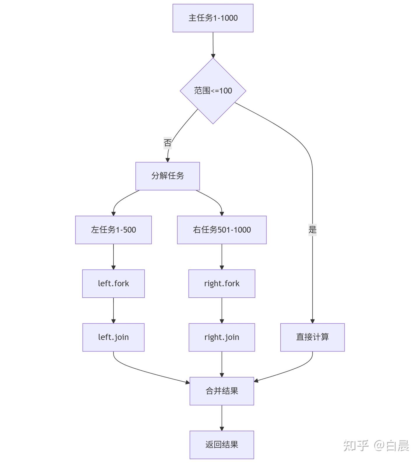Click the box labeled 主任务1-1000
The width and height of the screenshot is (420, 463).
[x=213, y=18]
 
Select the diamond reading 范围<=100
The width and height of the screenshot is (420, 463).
[x=213, y=91]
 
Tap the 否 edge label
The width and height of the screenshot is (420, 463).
[x=167, y=143]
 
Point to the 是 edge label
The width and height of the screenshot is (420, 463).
[x=312, y=230]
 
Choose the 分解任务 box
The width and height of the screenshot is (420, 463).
[x=167, y=176]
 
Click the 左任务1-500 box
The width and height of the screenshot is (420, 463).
[x=113, y=230]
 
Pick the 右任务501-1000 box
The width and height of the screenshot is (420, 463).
[x=222, y=230]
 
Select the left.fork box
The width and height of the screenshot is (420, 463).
[x=113, y=284]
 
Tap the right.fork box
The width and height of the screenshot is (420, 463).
[x=222, y=284]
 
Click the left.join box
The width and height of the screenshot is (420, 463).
[x=113, y=337]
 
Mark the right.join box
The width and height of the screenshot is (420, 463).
[x=222, y=337]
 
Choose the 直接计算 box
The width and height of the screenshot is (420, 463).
[x=312, y=337]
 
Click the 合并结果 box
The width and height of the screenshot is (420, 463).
[x=222, y=391]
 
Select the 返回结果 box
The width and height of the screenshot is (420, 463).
[x=222, y=445]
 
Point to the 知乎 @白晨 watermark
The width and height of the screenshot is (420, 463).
[x=376, y=446]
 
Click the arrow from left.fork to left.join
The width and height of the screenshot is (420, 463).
[x=113, y=310]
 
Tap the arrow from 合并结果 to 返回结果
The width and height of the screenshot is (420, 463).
[x=222, y=418]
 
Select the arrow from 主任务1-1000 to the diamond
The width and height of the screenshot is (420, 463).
[x=213, y=44]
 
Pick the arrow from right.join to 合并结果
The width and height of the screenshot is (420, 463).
[x=222, y=364]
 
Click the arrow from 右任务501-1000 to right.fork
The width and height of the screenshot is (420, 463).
[x=222, y=256]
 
